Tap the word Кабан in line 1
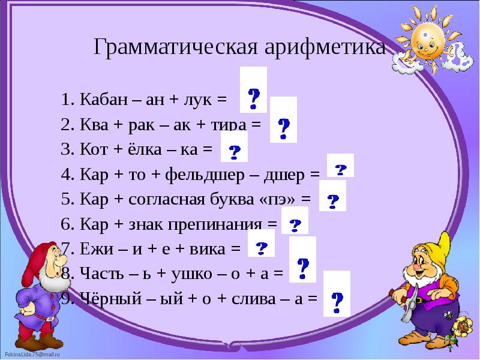(98, 100)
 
